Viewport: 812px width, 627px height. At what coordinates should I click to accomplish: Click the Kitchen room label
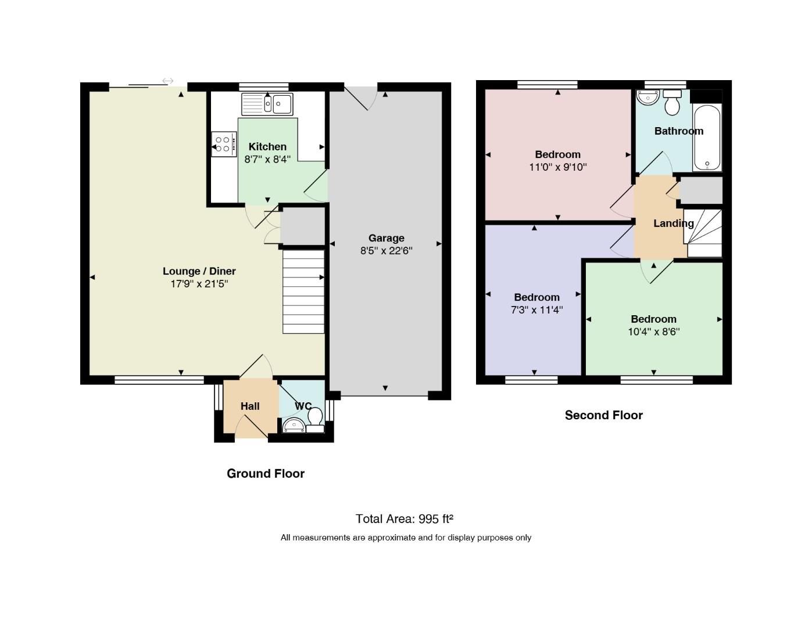point(267,147)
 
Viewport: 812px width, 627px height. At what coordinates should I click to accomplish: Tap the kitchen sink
point(267,104)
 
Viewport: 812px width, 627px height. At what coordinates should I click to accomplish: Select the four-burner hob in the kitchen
point(224,144)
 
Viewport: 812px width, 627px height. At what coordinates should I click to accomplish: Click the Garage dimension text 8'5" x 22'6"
point(386,250)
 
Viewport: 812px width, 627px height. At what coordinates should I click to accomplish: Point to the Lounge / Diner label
point(199,271)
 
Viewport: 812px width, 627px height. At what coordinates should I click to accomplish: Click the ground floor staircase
point(303,291)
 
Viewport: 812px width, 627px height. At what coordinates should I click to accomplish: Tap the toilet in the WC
point(316,420)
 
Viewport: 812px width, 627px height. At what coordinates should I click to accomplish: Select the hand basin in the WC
point(294,426)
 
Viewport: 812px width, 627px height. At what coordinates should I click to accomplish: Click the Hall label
point(250,406)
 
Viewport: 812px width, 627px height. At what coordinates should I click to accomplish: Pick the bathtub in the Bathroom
point(707,138)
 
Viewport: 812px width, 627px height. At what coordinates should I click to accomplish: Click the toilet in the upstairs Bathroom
point(673,102)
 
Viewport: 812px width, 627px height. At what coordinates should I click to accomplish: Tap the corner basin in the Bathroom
point(648,98)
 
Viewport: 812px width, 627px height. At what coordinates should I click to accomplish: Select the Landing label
point(673,224)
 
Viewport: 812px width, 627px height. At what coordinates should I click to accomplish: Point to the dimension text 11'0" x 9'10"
point(557,167)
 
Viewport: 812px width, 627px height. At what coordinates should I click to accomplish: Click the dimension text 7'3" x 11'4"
point(536,310)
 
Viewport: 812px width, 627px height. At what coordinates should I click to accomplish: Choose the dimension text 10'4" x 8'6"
point(653,331)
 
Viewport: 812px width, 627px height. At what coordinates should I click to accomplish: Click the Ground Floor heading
point(266,474)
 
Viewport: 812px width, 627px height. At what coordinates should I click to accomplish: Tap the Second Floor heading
point(604,416)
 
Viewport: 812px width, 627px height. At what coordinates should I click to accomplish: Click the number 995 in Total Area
point(428,519)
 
